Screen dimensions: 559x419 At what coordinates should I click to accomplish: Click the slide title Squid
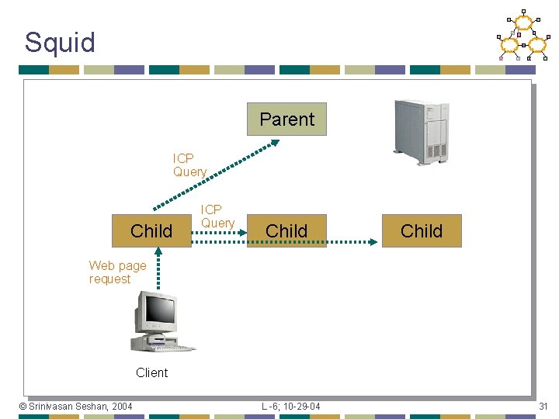point(60,42)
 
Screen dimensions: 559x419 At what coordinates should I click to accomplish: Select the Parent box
point(286,119)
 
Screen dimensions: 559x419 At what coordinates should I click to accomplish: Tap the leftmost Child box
point(151,230)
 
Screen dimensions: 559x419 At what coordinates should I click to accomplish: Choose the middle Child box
point(286,230)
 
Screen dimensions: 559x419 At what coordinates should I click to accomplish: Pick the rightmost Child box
point(422,230)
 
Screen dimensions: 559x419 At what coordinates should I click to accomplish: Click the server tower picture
point(421,132)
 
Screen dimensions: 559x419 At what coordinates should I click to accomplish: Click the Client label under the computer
point(151,372)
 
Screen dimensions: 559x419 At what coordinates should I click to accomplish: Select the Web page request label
point(117,272)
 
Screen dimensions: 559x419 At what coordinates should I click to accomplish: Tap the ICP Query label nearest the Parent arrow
point(189,165)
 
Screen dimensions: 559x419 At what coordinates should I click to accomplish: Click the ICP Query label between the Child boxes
point(217,216)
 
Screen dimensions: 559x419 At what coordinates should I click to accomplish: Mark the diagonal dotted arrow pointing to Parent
point(217,174)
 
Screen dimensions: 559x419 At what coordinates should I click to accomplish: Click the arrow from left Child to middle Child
point(219,242)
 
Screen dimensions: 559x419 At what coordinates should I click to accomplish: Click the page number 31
point(543,407)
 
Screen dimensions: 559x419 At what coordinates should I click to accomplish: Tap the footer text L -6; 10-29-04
point(290,407)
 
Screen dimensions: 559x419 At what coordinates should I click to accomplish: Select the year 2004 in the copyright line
point(121,407)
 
